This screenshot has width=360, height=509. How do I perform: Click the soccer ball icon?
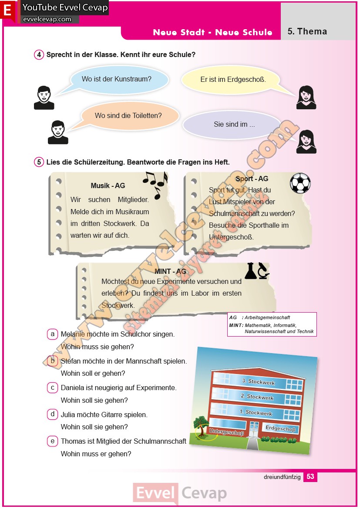pyautogui.click(x=300, y=183)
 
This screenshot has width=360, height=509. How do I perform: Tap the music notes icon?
pyautogui.click(x=155, y=183)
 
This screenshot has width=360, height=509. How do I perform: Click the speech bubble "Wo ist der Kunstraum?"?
pyautogui.click(x=117, y=79)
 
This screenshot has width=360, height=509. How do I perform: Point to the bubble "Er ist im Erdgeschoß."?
pyautogui.click(x=233, y=80)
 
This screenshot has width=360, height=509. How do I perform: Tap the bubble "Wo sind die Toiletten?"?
pyautogui.click(x=128, y=116)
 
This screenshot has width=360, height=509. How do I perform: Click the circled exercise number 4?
pyautogui.click(x=39, y=55)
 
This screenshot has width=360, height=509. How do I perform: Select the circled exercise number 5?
pyautogui.click(x=39, y=162)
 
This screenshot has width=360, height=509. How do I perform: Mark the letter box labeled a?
pyautogui.click(x=53, y=334)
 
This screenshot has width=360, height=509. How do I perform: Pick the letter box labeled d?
pyautogui.click(x=53, y=414)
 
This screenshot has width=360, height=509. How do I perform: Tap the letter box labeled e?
pyautogui.click(x=53, y=441)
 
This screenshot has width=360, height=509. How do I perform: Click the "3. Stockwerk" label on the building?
pyautogui.click(x=259, y=382)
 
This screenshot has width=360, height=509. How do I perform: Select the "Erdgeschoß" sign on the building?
pyautogui.click(x=280, y=429)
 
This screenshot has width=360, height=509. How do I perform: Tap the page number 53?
pyautogui.click(x=310, y=477)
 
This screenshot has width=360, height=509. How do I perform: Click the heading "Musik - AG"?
pyautogui.click(x=108, y=186)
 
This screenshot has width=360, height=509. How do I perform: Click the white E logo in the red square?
pyautogui.click(x=7, y=11)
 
